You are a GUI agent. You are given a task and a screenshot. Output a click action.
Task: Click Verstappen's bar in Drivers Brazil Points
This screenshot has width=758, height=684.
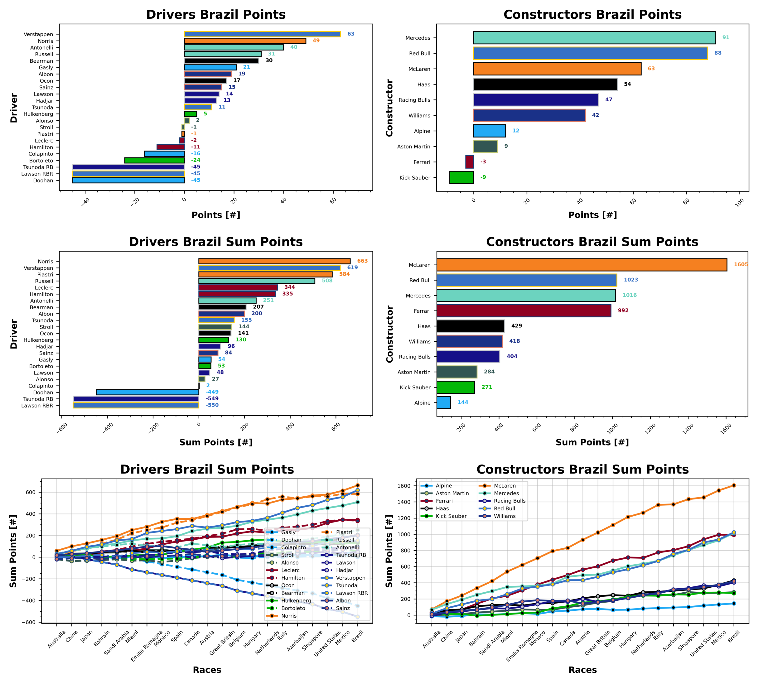262,34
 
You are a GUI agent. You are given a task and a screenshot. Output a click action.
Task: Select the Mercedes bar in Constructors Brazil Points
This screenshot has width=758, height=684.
594,38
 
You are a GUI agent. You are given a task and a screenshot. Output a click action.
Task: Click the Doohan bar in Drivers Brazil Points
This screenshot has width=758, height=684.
128,181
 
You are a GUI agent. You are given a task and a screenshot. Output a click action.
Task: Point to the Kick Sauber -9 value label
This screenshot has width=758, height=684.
483,177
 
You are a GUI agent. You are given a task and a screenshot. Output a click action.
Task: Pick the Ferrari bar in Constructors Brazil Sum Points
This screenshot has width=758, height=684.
523,311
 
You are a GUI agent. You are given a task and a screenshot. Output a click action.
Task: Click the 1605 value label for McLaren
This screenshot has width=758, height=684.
740,265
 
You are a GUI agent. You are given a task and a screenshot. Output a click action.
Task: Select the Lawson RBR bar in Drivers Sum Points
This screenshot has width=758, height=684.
136,406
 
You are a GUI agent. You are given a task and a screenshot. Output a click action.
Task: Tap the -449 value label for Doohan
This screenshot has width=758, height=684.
212,392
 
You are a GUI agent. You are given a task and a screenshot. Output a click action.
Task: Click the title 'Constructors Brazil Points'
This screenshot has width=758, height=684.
592,15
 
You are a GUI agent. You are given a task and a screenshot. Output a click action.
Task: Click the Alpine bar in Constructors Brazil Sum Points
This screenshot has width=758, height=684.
443,402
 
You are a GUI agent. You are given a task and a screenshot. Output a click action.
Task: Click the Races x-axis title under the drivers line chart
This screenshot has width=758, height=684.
207,670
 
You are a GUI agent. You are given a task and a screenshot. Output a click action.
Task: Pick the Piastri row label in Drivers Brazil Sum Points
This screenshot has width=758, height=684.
45,275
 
